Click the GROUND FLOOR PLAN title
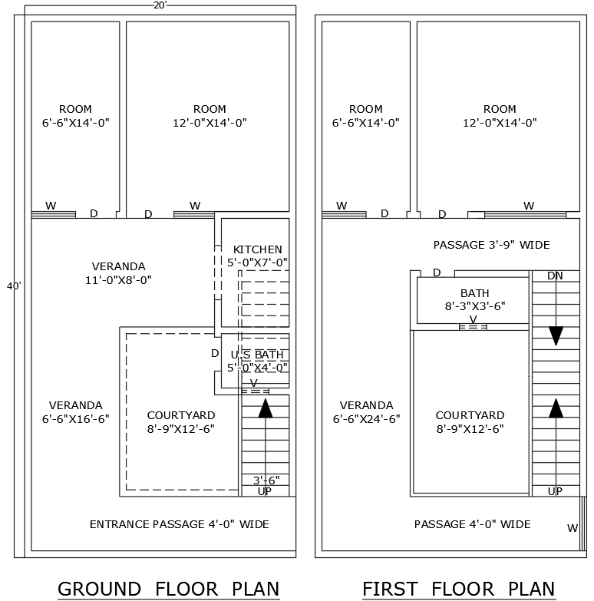(x=168, y=589)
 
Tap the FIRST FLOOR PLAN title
(x=458, y=589)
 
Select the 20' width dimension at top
(x=160, y=5)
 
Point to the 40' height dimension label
(x=14, y=286)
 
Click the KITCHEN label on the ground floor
(x=257, y=249)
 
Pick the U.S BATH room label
(x=257, y=355)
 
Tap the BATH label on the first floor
(x=474, y=293)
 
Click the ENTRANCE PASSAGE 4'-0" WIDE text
(x=179, y=524)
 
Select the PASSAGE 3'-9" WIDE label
(x=491, y=245)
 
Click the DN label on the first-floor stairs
(x=555, y=276)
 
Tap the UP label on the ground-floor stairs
(x=264, y=491)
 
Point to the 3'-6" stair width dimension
(x=266, y=480)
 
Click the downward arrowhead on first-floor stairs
(x=556, y=335)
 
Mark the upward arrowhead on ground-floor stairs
(x=266, y=408)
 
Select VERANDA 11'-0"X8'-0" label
(x=118, y=273)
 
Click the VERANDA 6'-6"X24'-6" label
(x=366, y=412)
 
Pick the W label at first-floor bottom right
(x=572, y=528)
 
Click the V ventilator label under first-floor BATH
(x=473, y=319)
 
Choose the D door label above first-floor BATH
(x=437, y=272)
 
